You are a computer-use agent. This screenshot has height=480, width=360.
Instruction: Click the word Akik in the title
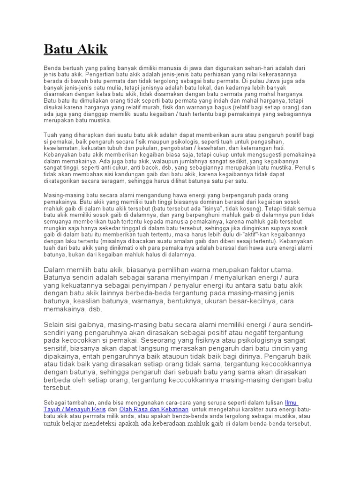pos(92,49)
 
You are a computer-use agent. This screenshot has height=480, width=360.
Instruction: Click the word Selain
pos(55,325)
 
